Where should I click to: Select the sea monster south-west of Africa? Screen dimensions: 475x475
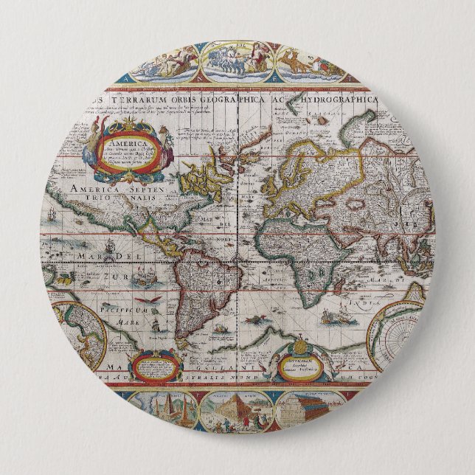pyautogui.click(x=258, y=319)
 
